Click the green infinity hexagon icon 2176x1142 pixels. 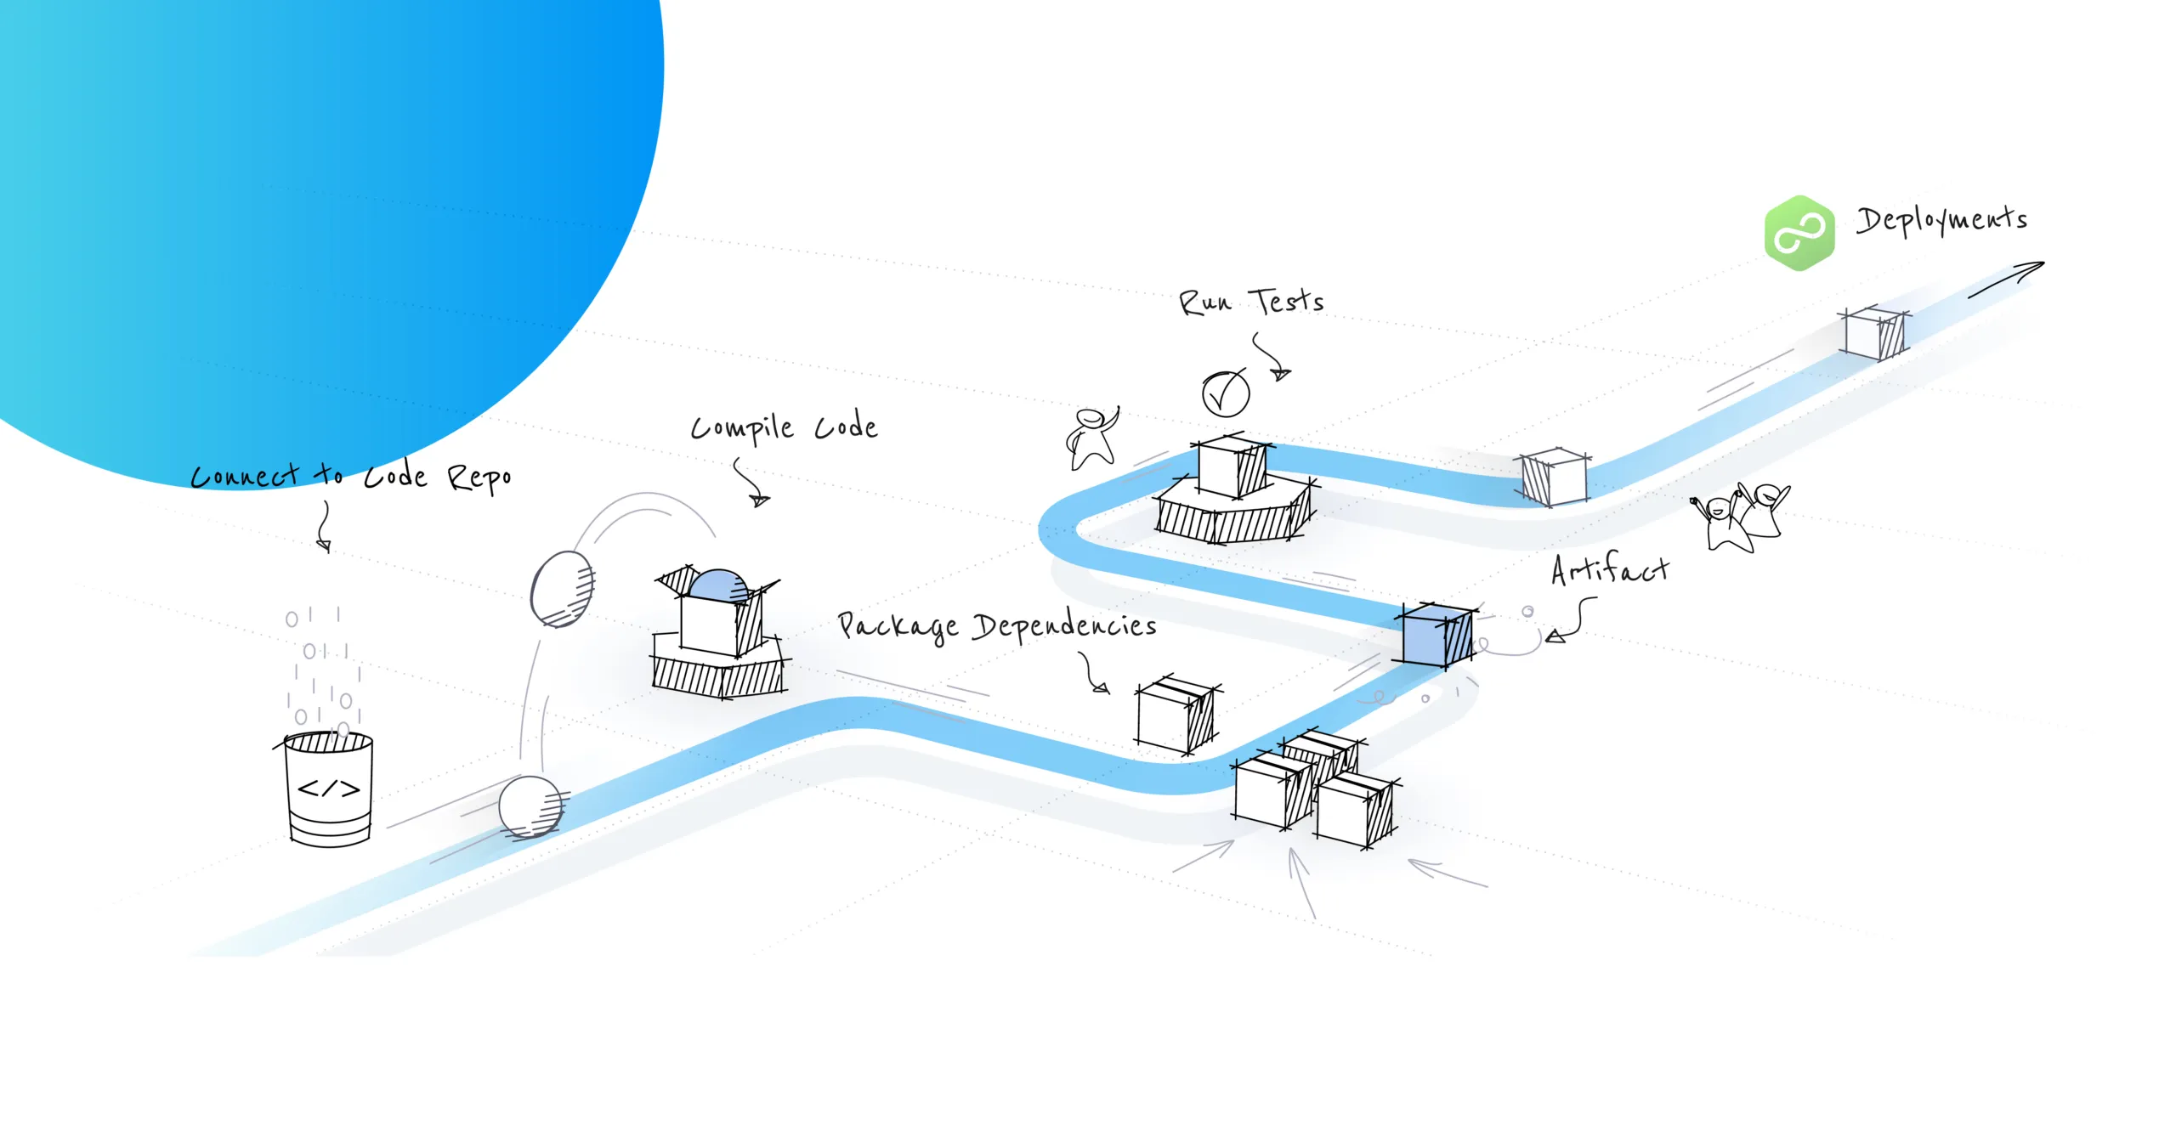(x=1799, y=233)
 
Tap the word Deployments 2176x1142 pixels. (x=1941, y=221)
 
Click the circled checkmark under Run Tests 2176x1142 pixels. (x=1225, y=393)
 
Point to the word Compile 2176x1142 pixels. (x=742, y=427)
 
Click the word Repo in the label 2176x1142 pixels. (x=479, y=478)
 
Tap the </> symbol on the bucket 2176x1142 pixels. (x=329, y=789)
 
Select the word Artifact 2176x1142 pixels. (x=1609, y=570)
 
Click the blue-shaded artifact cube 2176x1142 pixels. (x=1436, y=636)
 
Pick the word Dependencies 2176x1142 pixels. (x=1064, y=627)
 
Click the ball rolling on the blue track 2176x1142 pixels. (x=530, y=806)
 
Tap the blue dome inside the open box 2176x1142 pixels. (x=718, y=585)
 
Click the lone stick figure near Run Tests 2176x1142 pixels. (x=1091, y=438)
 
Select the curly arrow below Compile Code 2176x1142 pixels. (x=751, y=482)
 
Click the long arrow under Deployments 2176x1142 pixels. (x=2006, y=280)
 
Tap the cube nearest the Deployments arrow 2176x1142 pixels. (x=1874, y=333)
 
